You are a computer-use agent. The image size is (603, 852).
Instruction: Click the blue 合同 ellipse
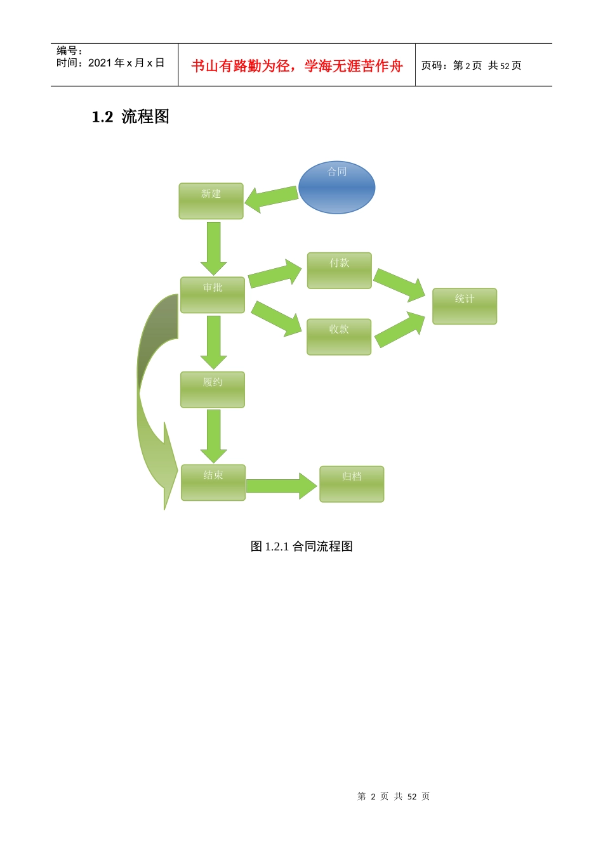[336, 188]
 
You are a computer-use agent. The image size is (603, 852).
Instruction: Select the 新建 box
[211, 201]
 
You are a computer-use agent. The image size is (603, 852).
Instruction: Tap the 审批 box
[212, 295]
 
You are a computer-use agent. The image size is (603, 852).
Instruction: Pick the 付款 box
[339, 271]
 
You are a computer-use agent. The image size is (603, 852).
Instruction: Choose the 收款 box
[338, 337]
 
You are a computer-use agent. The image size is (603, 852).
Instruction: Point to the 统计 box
[464, 306]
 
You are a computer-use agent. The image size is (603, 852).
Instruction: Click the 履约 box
[212, 389]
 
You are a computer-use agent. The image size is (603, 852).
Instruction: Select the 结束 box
[213, 482]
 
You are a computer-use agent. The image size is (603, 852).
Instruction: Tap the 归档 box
[351, 484]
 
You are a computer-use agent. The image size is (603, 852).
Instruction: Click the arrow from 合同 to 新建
[271, 198]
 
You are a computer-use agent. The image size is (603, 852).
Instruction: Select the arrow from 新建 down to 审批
[213, 248]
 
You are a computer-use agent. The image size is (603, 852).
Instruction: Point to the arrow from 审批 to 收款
[276, 318]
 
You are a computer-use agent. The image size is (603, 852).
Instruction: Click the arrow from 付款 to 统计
[399, 284]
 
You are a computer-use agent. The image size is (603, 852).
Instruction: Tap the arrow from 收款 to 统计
[399, 330]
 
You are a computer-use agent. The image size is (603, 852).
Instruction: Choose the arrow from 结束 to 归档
[281, 486]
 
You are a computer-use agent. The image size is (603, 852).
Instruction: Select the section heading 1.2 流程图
[130, 117]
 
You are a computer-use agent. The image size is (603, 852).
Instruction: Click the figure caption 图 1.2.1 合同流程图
[301, 546]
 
